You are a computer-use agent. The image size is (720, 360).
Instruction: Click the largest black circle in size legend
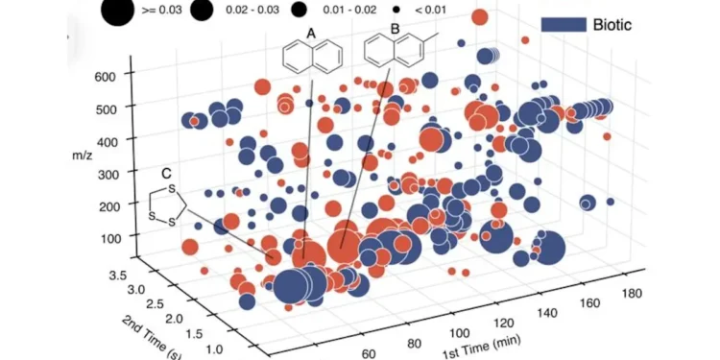coord(117,11)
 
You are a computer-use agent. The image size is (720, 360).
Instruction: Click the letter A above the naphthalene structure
coord(311,33)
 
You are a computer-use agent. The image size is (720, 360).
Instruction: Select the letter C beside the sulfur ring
coord(166,174)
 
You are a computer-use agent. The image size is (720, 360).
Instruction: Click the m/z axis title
coord(83,155)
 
